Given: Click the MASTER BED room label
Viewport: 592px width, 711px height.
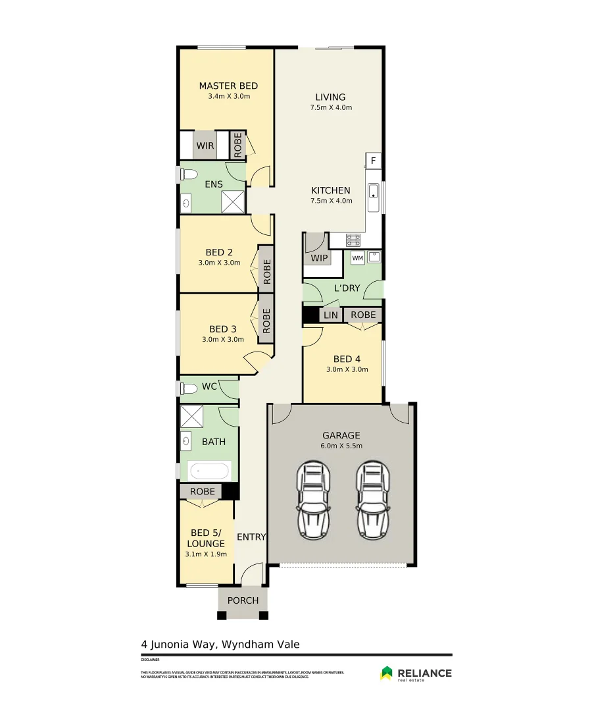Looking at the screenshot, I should click(x=228, y=86).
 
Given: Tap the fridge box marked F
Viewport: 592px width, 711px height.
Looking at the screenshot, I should click(x=373, y=161).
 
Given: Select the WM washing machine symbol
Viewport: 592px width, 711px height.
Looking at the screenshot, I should click(x=357, y=258).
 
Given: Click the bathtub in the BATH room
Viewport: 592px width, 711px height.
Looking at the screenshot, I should click(x=210, y=471).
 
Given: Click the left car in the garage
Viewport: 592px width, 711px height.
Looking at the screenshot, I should click(x=313, y=500).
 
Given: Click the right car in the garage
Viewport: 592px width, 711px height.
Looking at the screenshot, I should click(x=372, y=500).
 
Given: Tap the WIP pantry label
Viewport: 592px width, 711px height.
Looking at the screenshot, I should click(x=319, y=258).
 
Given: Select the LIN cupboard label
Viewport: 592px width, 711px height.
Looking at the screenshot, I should click(x=330, y=315).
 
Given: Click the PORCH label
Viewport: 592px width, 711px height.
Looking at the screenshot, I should click(x=243, y=600).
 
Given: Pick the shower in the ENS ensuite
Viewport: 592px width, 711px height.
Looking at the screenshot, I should click(x=233, y=202).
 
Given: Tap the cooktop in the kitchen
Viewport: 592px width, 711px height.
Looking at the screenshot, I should click(x=353, y=240).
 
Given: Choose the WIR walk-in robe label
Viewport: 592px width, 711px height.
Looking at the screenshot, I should click(x=204, y=145).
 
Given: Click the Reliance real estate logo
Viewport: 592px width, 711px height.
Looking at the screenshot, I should click(x=416, y=673).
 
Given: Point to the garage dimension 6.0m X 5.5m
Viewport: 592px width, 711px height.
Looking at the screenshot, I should click(x=341, y=446).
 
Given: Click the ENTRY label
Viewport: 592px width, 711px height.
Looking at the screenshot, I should click(x=251, y=537).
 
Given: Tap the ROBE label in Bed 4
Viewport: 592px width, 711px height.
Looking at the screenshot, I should click(x=363, y=315).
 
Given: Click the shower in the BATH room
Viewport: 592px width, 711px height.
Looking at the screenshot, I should click(x=192, y=417).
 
